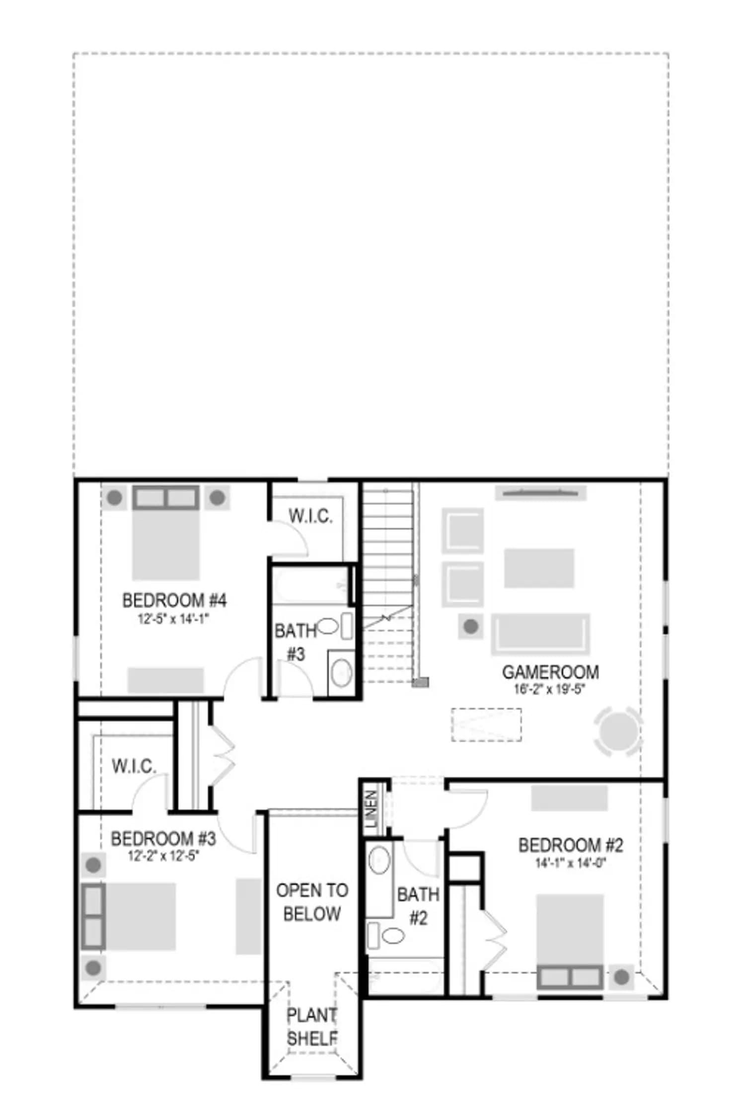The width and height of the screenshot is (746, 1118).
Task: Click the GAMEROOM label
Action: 550,672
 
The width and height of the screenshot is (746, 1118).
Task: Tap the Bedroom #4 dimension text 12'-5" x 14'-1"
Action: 174,619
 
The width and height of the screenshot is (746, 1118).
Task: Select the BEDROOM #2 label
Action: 571,845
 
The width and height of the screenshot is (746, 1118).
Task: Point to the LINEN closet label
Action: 372,809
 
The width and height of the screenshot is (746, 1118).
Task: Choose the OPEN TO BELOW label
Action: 312,902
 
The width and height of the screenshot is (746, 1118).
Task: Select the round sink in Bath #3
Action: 341,673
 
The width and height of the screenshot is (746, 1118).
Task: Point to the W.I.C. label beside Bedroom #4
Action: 310,516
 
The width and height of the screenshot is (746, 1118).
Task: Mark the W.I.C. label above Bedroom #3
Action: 134,766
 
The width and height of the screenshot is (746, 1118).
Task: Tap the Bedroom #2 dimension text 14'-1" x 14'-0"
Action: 571,863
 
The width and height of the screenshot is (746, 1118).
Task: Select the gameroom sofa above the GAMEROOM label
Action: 540,635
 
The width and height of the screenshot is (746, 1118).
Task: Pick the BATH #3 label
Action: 296,642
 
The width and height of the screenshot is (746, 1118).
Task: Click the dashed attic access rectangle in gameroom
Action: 486,725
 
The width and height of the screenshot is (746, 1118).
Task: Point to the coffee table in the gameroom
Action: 539,568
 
